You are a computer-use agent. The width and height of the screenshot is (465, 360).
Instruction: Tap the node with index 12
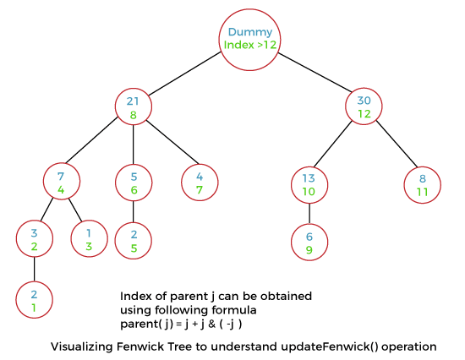(x=364, y=107)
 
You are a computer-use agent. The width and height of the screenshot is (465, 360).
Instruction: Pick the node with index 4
(x=62, y=183)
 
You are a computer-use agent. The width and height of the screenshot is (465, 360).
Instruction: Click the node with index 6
(x=134, y=183)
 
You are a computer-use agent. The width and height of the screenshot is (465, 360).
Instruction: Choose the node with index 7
(x=200, y=183)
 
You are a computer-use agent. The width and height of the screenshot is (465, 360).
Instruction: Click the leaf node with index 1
(x=34, y=301)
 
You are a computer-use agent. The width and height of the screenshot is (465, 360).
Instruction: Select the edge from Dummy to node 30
(x=312, y=74)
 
